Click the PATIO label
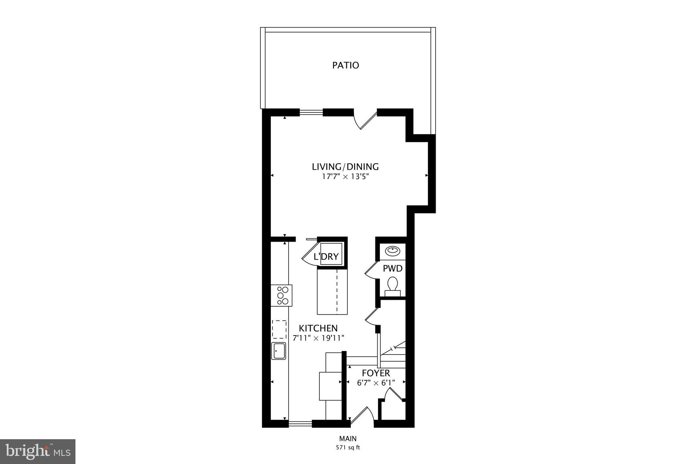345,65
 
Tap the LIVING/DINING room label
345,167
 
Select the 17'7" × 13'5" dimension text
345,177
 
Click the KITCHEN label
318,328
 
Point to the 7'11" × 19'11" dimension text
318,338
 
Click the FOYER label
376,373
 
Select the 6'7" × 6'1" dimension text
376,383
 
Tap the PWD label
393,269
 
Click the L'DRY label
326,257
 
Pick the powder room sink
393,251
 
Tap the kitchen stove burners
282,295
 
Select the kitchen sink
278,351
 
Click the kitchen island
332,291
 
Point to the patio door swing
365,120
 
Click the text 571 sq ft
348,448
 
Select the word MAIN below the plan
348,439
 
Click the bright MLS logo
38,451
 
